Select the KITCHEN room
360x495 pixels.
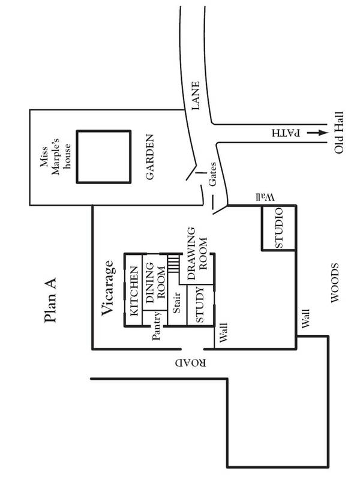click(x=134, y=290)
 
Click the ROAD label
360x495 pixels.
click(x=191, y=364)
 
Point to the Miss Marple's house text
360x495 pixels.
click(x=59, y=157)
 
